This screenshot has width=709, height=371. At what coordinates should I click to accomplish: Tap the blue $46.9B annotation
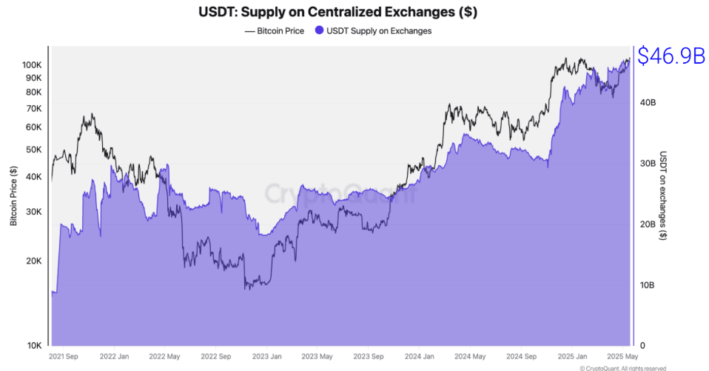tap(671, 56)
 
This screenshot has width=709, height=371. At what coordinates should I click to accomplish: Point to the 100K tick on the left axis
tap(32, 65)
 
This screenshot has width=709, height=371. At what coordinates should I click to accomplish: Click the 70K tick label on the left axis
tap(34, 108)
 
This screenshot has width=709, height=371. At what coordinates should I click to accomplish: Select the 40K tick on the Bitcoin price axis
tap(34, 176)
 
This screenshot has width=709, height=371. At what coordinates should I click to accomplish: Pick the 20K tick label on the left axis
tap(34, 261)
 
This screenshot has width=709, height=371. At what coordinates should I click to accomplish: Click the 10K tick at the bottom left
tap(34, 346)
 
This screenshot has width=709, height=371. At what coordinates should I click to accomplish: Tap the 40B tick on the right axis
tap(647, 103)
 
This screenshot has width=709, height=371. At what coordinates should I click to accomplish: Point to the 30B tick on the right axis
tap(647, 164)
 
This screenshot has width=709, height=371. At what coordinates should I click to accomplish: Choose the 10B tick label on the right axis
tap(647, 285)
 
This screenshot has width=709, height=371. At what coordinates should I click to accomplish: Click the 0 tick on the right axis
tap(642, 346)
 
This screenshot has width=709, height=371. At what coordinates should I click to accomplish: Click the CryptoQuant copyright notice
tap(623, 367)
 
